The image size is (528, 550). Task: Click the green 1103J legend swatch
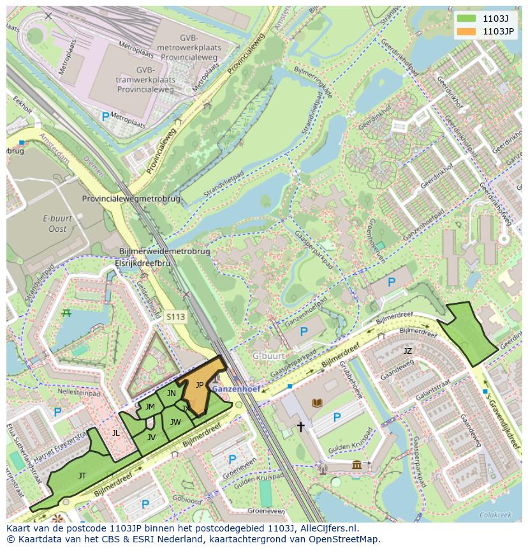pyautogui.click(x=467, y=18)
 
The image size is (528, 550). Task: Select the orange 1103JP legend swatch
pyautogui.click(x=467, y=31)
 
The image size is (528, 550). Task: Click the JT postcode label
pyautogui.click(x=82, y=475)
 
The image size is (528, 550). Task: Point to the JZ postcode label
pyautogui.click(x=407, y=351)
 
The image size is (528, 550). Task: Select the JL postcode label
pyautogui.click(x=115, y=432)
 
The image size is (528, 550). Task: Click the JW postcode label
pyautogui.click(x=175, y=422)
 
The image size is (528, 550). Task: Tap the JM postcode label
pyautogui.click(x=150, y=407)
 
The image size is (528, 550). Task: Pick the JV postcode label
pyautogui.click(x=151, y=438)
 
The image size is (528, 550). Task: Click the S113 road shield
pyautogui.click(x=175, y=316)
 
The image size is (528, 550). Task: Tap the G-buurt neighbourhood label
pyautogui.click(x=267, y=356)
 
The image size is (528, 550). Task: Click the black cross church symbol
pyautogui.click(x=300, y=426)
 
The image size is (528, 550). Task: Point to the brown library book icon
pyautogui.click(x=317, y=402)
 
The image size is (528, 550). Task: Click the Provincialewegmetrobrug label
pyautogui.click(x=131, y=199)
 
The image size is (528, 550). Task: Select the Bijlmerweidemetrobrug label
pyautogui.click(x=165, y=252)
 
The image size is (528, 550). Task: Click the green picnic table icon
pyautogui.click(x=66, y=312)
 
